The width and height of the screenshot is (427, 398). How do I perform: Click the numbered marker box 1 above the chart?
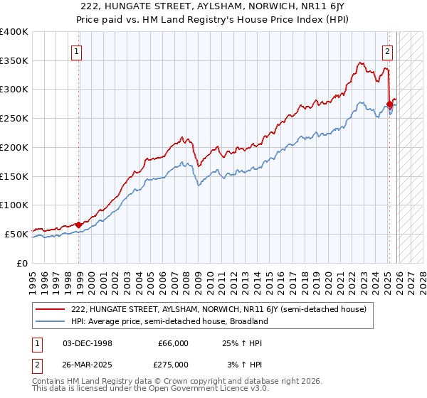click(x=76, y=50)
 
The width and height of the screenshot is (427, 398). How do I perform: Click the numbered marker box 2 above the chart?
click(x=388, y=50)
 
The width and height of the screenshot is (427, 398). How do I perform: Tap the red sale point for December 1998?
click(x=78, y=225)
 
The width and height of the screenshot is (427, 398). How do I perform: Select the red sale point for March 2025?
click(x=389, y=104)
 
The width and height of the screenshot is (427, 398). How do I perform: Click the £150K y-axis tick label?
click(x=14, y=176)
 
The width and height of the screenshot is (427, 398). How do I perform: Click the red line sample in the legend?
click(x=51, y=309)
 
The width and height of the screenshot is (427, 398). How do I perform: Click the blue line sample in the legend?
click(x=51, y=321)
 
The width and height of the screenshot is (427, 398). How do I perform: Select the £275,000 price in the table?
click(x=172, y=364)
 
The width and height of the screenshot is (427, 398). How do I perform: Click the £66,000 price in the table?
click(x=172, y=343)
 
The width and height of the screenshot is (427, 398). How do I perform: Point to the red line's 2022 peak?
click(x=360, y=63)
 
